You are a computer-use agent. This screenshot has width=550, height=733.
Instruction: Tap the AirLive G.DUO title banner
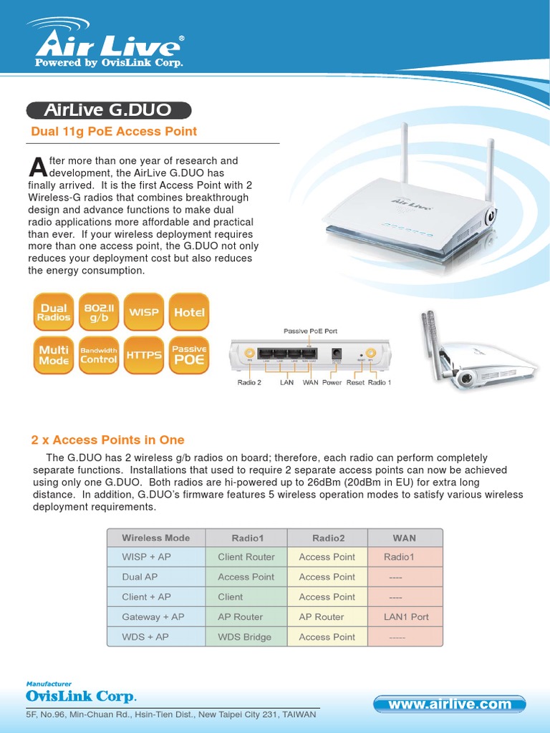coord(109,110)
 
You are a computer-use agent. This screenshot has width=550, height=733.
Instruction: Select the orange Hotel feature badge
coord(189,312)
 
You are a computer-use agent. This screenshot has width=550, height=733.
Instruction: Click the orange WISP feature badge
coord(143,312)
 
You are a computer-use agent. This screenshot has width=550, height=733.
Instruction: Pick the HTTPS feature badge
coord(143,355)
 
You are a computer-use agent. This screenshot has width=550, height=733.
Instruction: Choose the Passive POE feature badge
coord(189,355)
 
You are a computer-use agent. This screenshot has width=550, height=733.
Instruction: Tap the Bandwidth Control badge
coord(99,355)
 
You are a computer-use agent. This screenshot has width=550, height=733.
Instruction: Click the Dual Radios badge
coord(54,312)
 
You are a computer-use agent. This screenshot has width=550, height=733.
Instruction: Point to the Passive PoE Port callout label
coord(310,331)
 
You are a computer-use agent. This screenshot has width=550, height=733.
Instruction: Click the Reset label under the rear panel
coord(355,383)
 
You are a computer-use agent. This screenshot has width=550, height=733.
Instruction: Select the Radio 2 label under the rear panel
coord(249,383)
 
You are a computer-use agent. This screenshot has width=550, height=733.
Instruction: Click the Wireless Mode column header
coord(156,538)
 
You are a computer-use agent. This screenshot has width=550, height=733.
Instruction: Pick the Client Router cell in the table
coord(246,557)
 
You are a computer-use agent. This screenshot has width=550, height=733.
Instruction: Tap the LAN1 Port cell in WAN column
coord(406,617)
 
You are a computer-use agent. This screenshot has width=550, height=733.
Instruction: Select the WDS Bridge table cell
coord(244,637)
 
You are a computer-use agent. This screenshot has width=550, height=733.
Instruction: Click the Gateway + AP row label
coord(153,617)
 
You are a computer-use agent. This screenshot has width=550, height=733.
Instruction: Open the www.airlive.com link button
coord(450,704)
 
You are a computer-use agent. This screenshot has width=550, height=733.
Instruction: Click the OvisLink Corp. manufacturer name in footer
coord(81,696)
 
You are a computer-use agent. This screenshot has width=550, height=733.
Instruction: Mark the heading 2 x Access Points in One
coord(107,440)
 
